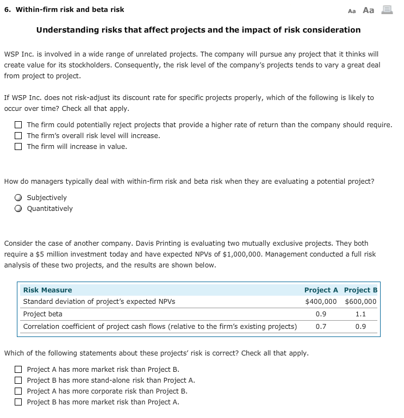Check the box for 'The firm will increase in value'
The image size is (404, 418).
pyautogui.click(x=18, y=146)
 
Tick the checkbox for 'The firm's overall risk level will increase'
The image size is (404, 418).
pyautogui.click(x=18, y=135)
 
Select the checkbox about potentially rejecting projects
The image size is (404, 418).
pyautogui.click(x=18, y=124)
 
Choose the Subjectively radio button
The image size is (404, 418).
pyautogui.click(x=18, y=198)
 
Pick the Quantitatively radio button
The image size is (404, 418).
pyautogui.click(x=18, y=209)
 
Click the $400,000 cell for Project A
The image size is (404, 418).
pyautogui.click(x=320, y=302)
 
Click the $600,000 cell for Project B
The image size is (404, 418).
pyautogui.click(x=360, y=302)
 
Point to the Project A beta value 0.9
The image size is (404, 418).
pyautogui.click(x=321, y=314)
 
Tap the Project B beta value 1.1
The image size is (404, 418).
pyautogui.click(x=361, y=314)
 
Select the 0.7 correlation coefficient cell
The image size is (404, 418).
pyautogui.click(x=321, y=327)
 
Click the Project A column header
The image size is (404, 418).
pyautogui.click(x=321, y=290)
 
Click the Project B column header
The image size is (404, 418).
pyautogui.click(x=361, y=290)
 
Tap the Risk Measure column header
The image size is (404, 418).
pyautogui.click(x=47, y=290)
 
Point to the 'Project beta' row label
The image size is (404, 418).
pyautogui.click(x=42, y=314)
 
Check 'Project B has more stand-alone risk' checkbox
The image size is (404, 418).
pyautogui.click(x=18, y=380)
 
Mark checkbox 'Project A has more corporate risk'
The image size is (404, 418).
pyautogui.click(x=18, y=391)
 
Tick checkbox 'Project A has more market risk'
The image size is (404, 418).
pyautogui.click(x=18, y=370)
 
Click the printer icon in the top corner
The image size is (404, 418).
pyautogui.click(x=388, y=10)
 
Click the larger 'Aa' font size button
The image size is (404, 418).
pyautogui.click(x=368, y=10)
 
